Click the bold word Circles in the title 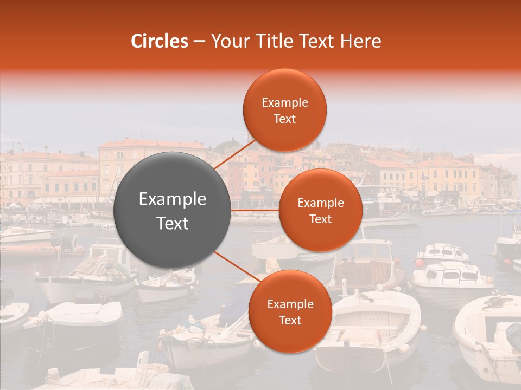tap(160, 41)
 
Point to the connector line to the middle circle tap(255, 210)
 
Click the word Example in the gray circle tap(173, 199)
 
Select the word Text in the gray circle tap(173, 223)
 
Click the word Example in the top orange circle tap(285, 103)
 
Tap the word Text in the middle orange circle tap(321, 219)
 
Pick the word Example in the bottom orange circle tap(290, 304)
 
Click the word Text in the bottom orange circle tap(290, 321)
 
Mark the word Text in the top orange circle tap(285, 119)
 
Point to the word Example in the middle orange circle tap(321, 203)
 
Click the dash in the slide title tap(199, 42)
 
